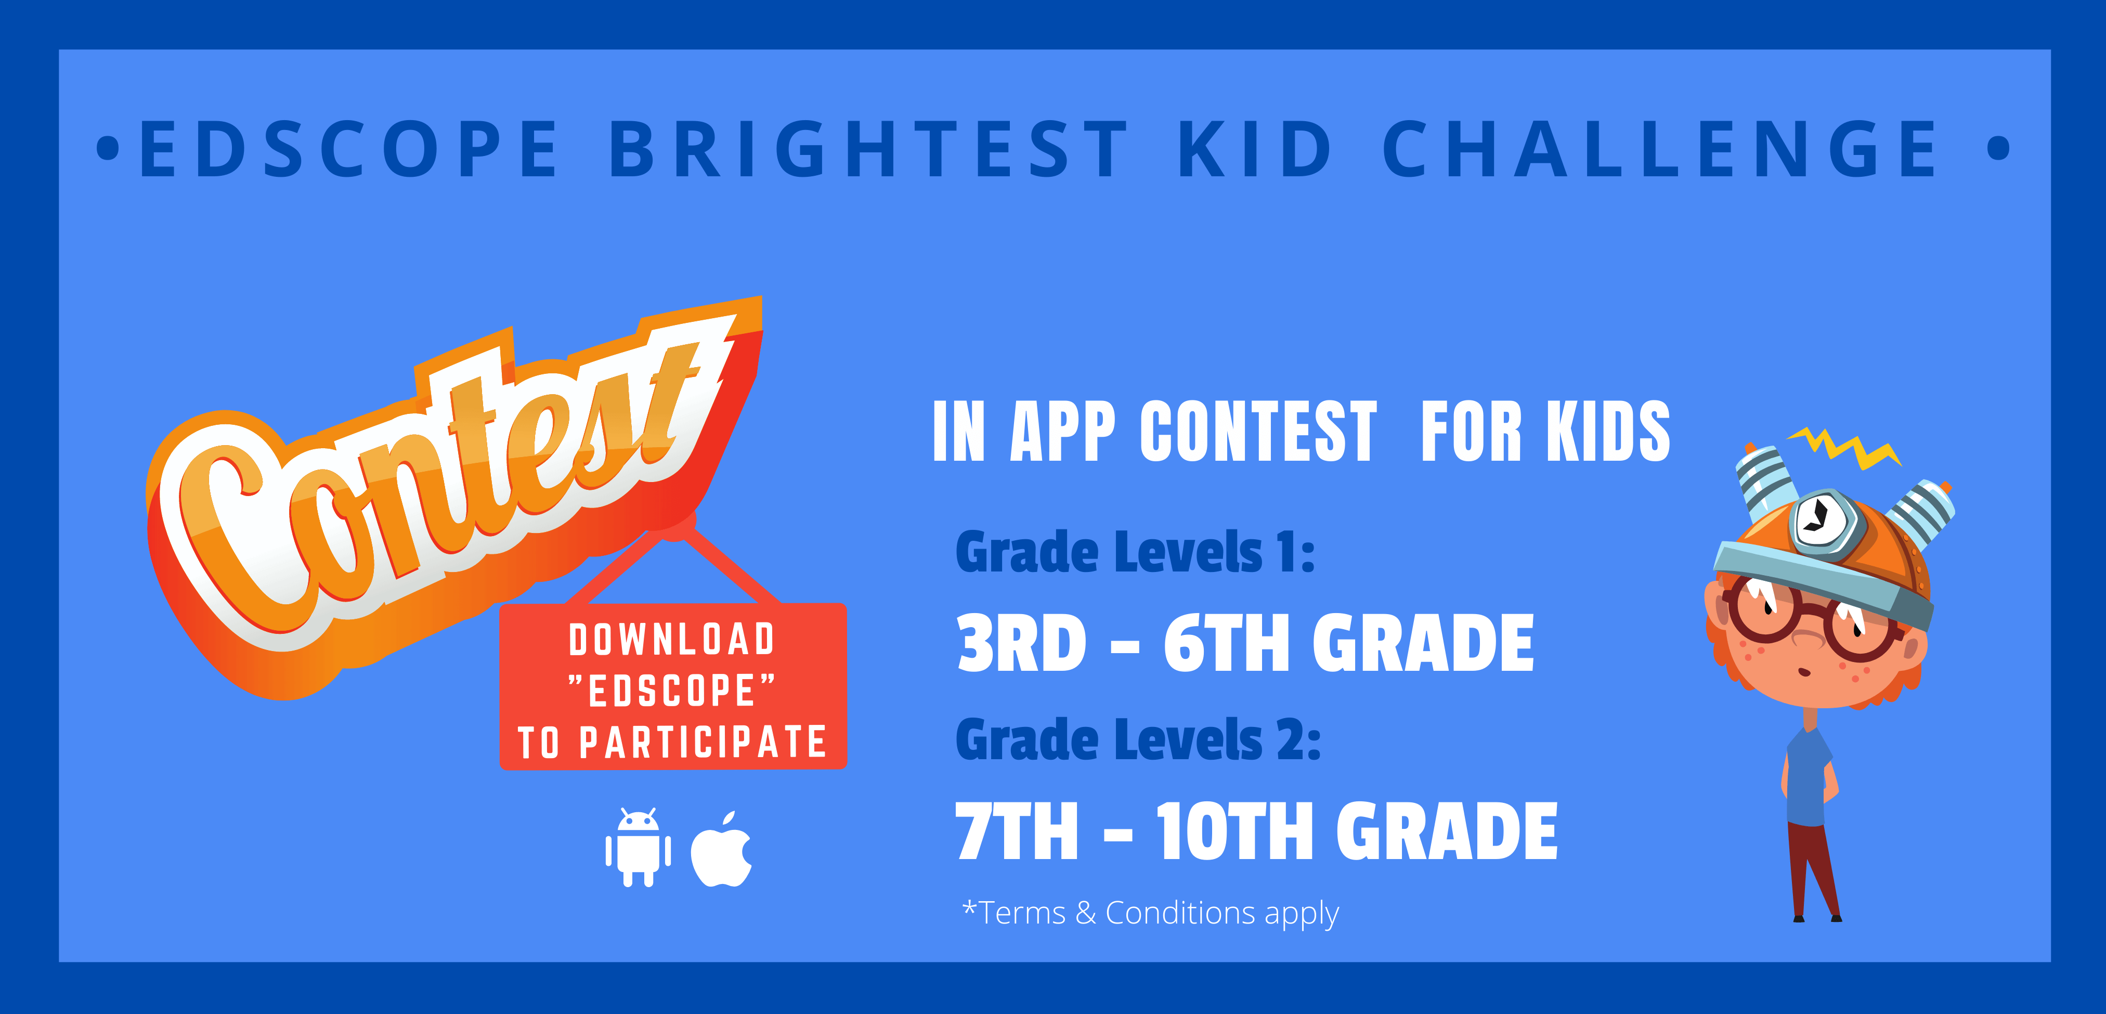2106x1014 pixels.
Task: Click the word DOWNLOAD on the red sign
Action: (672, 640)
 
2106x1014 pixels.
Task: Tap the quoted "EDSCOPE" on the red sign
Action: (672, 690)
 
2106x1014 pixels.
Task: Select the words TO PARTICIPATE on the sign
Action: (672, 742)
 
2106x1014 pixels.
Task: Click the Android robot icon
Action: (639, 847)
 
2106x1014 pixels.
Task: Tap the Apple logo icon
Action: (721, 849)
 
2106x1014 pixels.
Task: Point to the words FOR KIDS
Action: (1545, 431)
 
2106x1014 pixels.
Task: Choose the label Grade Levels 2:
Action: (1138, 740)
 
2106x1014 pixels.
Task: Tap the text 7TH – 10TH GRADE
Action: (1256, 831)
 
